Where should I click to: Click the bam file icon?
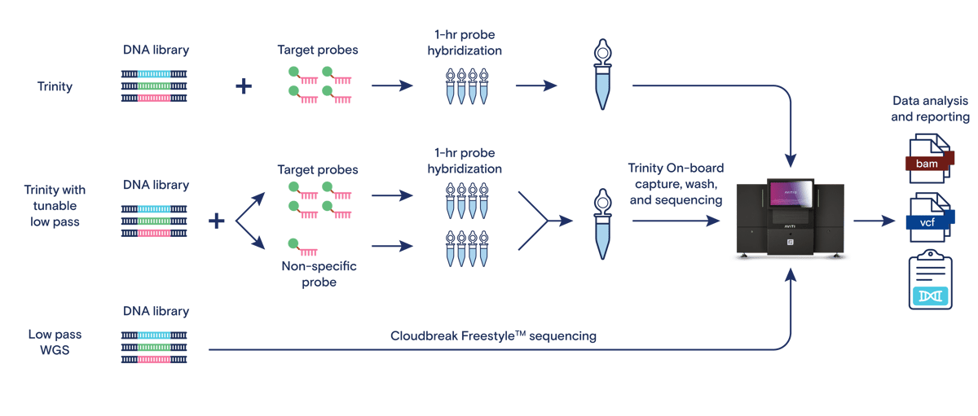[930, 159]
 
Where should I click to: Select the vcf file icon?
[930, 217]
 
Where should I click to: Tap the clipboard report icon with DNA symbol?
[931, 279]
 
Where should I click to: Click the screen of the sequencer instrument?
[791, 193]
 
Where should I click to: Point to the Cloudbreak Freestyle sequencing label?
[493, 335]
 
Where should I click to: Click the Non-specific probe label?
[319, 274]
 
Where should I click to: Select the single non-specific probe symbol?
[302, 247]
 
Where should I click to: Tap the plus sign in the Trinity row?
[244, 86]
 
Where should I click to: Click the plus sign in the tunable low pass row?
[217, 221]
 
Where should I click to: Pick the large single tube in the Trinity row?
[602, 75]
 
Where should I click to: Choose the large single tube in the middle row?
[602, 224]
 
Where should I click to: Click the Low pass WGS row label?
[55, 342]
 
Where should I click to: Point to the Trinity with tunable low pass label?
[55, 205]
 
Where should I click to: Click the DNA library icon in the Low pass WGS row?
[154, 347]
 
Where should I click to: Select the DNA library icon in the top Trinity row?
[154, 86]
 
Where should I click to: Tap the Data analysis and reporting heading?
[930, 108]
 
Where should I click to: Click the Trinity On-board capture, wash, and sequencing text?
[676, 184]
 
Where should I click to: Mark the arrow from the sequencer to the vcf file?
[874, 221]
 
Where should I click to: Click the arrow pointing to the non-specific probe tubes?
[392, 246]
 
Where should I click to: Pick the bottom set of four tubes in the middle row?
[467, 248]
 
